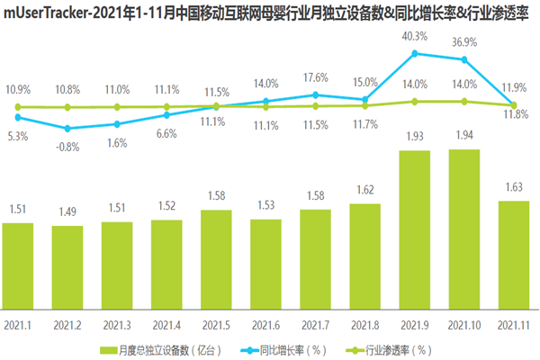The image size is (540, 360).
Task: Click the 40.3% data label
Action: tap(414, 36)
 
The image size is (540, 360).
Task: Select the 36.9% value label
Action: tap(464, 42)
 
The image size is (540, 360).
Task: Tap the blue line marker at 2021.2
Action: tap(68, 129)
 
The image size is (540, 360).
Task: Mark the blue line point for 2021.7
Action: tap(316, 94)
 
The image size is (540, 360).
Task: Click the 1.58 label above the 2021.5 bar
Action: tap(217, 196)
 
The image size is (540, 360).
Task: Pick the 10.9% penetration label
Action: tap(18, 91)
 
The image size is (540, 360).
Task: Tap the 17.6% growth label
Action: tap(315, 76)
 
